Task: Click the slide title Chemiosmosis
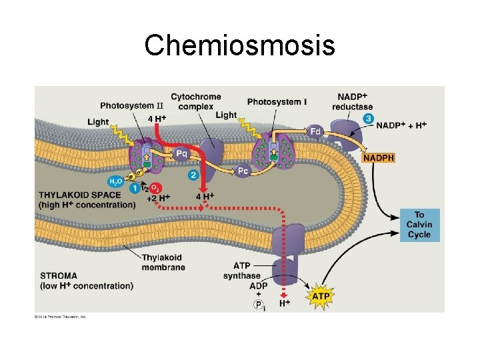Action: pyautogui.click(x=239, y=45)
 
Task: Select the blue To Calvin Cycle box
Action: pyautogui.click(x=419, y=225)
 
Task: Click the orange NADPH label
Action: pyautogui.click(x=379, y=158)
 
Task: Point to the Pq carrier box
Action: pyautogui.click(x=181, y=154)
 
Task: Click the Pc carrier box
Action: pyautogui.click(x=243, y=171)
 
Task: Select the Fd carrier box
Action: pyautogui.click(x=317, y=131)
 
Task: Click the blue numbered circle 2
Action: pyautogui.click(x=193, y=175)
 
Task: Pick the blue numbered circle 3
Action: pyautogui.click(x=368, y=118)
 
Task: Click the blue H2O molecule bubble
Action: pyautogui.click(x=115, y=181)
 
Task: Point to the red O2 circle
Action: pyautogui.click(x=155, y=188)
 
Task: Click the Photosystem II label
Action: pyautogui.click(x=131, y=105)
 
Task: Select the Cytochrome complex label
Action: pyautogui.click(x=192, y=101)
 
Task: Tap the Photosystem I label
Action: pyautogui.click(x=277, y=101)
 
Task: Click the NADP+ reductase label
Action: pyautogui.click(x=355, y=101)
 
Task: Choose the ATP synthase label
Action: pyautogui.click(x=241, y=271)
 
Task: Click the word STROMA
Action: pyautogui.click(x=58, y=275)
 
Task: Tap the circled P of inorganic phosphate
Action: pyautogui.click(x=257, y=305)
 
